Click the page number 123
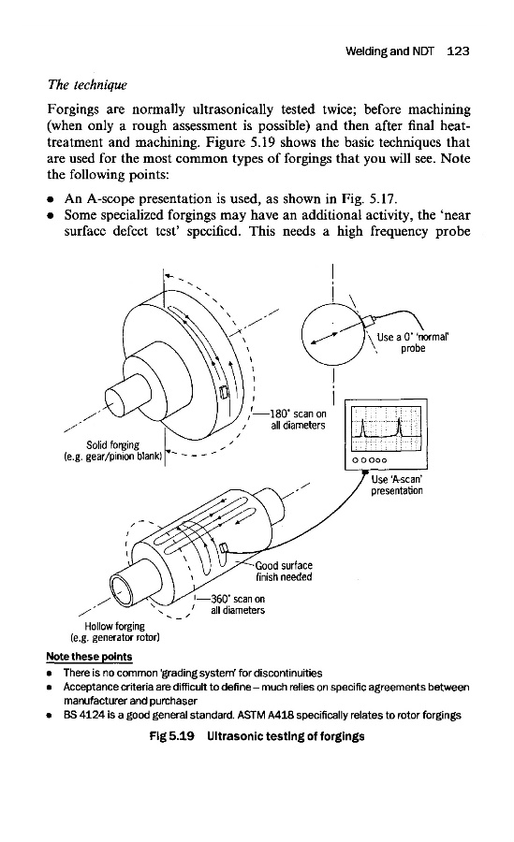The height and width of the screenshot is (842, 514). pyautogui.click(x=458, y=51)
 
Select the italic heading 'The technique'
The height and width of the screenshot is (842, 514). pyautogui.click(x=87, y=85)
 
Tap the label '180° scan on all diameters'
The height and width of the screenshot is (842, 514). pyautogui.click(x=298, y=419)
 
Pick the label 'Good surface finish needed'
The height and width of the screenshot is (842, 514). pyautogui.click(x=284, y=571)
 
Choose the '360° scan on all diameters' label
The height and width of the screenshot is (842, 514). pyautogui.click(x=238, y=604)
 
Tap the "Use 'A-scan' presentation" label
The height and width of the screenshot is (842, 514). pyautogui.click(x=397, y=485)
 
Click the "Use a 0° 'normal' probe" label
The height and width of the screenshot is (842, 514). pyautogui.click(x=412, y=342)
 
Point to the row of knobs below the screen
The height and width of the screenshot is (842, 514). pyautogui.click(x=370, y=460)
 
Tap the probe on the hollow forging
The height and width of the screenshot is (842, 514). pyautogui.click(x=224, y=547)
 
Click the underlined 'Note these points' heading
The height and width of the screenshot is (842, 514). pyautogui.click(x=89, y=656)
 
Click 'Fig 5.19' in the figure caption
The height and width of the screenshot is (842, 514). pyautogui.click(x=171, y=736)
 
